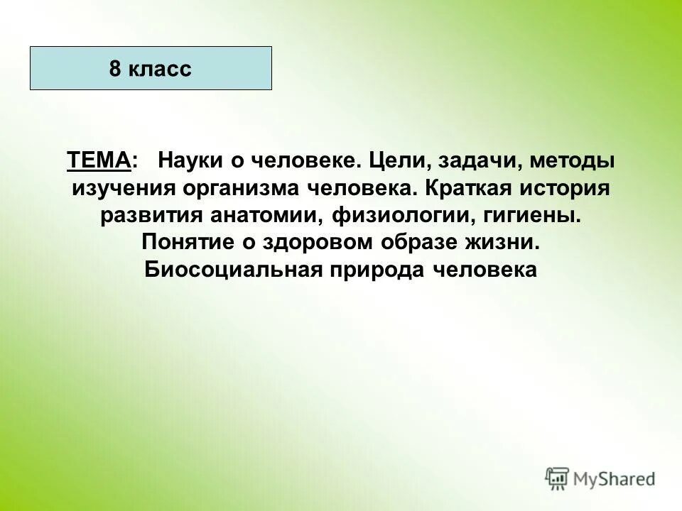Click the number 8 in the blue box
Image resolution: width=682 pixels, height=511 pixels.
(115, 69)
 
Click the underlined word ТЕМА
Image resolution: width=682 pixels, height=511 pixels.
(99, 161)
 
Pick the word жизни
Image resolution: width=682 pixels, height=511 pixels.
(505, 243)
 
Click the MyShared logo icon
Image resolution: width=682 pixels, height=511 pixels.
(558, 479)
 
